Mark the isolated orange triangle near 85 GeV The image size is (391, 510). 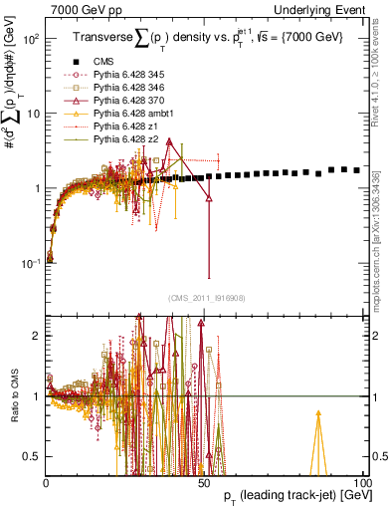pyautogui.click(x=318, y=413)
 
